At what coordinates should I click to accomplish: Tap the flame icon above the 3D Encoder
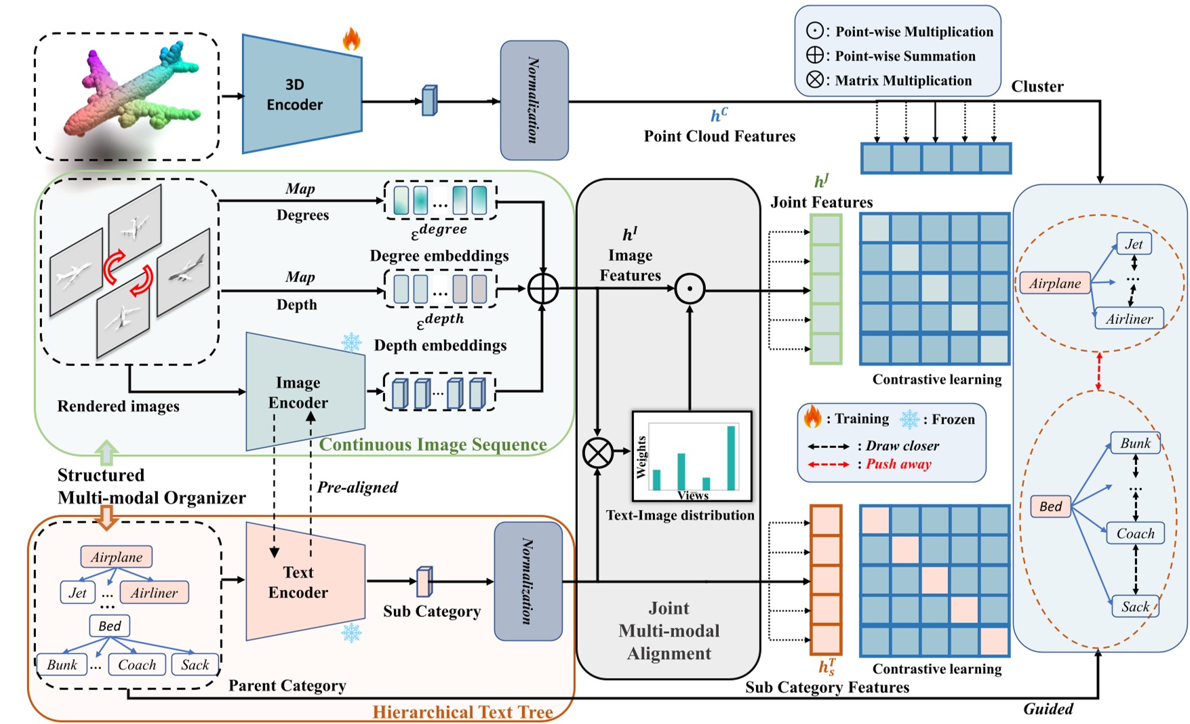point(351,39)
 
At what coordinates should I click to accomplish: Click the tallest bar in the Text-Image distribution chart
point(731,457)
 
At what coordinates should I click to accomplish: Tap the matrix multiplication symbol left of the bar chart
point(597,453)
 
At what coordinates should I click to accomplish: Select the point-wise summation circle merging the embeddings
point(542,289)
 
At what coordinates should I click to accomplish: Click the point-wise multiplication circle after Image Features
point(690,289)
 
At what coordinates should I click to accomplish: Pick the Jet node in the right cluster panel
point(1134,244)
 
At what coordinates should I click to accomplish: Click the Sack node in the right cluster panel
point(1135,607)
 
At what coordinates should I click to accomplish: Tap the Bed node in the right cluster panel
point(1050,506)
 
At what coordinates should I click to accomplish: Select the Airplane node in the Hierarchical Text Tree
point(117,557)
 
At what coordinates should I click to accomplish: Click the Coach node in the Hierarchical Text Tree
point(137,665)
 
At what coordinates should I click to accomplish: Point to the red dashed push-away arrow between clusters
point(1099,371)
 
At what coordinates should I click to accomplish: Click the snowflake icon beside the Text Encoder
point(351,633)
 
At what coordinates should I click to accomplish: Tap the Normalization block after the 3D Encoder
point(534,100)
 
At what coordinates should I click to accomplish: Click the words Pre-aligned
point(357,487)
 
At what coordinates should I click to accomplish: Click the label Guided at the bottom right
point(1048,709)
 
